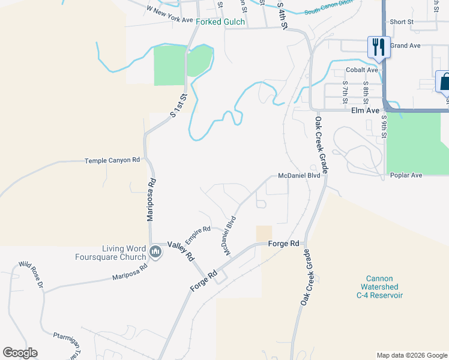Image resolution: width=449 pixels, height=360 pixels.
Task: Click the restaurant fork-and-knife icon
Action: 378,47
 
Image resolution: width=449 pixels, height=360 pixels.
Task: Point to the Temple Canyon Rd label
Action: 112,161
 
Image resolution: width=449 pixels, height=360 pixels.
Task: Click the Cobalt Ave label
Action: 364,70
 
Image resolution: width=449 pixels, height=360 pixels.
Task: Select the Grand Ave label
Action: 405,46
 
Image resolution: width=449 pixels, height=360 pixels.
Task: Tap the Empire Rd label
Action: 197,234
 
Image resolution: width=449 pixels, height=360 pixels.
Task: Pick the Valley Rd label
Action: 181,250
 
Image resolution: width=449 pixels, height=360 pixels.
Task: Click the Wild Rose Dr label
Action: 31,274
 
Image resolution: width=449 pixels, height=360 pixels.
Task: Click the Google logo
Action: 20,353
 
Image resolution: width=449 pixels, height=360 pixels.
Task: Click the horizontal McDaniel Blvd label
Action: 299,176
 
